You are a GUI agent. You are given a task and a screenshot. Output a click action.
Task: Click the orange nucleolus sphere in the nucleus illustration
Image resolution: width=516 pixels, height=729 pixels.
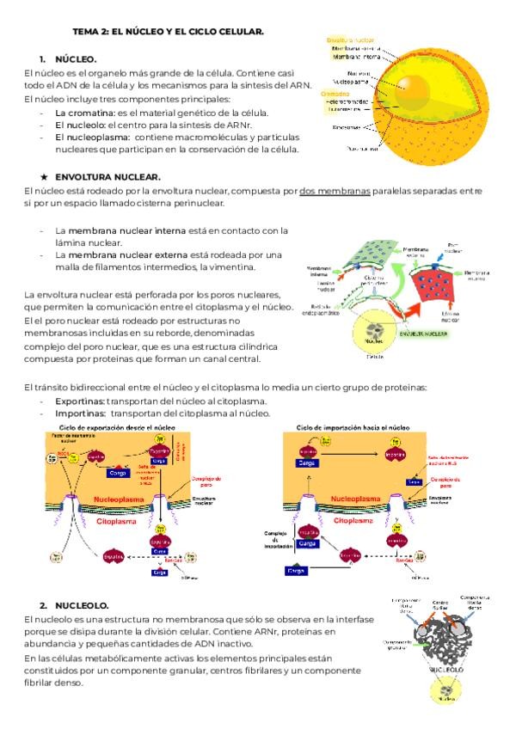click(411, 84)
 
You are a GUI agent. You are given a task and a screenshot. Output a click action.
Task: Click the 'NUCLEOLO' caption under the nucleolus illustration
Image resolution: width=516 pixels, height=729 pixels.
click(445, 666)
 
